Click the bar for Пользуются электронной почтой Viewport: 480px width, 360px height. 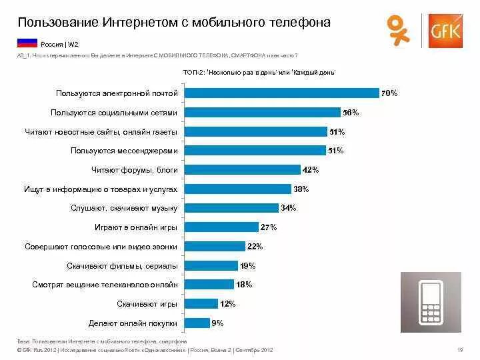click(281, 94)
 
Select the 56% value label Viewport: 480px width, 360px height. click(350, 113)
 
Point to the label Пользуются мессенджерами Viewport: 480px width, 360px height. click(124, 151)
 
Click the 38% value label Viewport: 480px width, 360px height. click(301, 189)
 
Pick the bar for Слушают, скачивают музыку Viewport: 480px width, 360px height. click(231, 208)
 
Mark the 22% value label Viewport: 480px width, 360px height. click(255, 247)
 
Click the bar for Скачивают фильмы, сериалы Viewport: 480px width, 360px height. click(211, 266)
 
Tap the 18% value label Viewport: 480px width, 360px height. click(243, 285)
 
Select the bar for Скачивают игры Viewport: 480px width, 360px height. click(201, 304)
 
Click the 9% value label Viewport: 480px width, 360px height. click(217, 323)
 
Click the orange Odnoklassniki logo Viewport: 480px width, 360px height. click(398, 31)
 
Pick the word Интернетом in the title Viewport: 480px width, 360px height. click(145, 22)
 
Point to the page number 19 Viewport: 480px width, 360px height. click(459, 350)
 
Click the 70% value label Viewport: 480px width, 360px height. click(389, 94)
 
